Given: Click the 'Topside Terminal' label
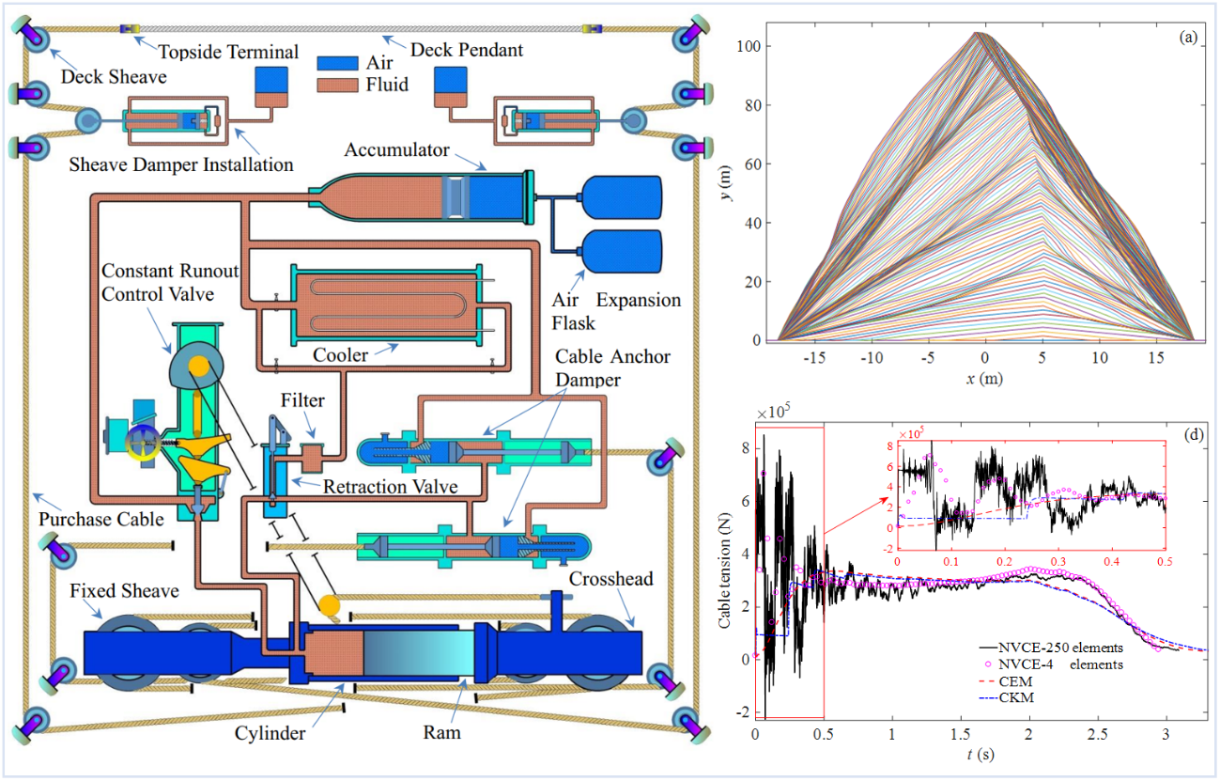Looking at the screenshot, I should tap(227, 51).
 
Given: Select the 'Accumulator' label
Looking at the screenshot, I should tap(398, 149).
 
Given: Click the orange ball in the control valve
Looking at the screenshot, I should tap(198, 365).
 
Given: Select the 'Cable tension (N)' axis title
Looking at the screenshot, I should tap(726, 574).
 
